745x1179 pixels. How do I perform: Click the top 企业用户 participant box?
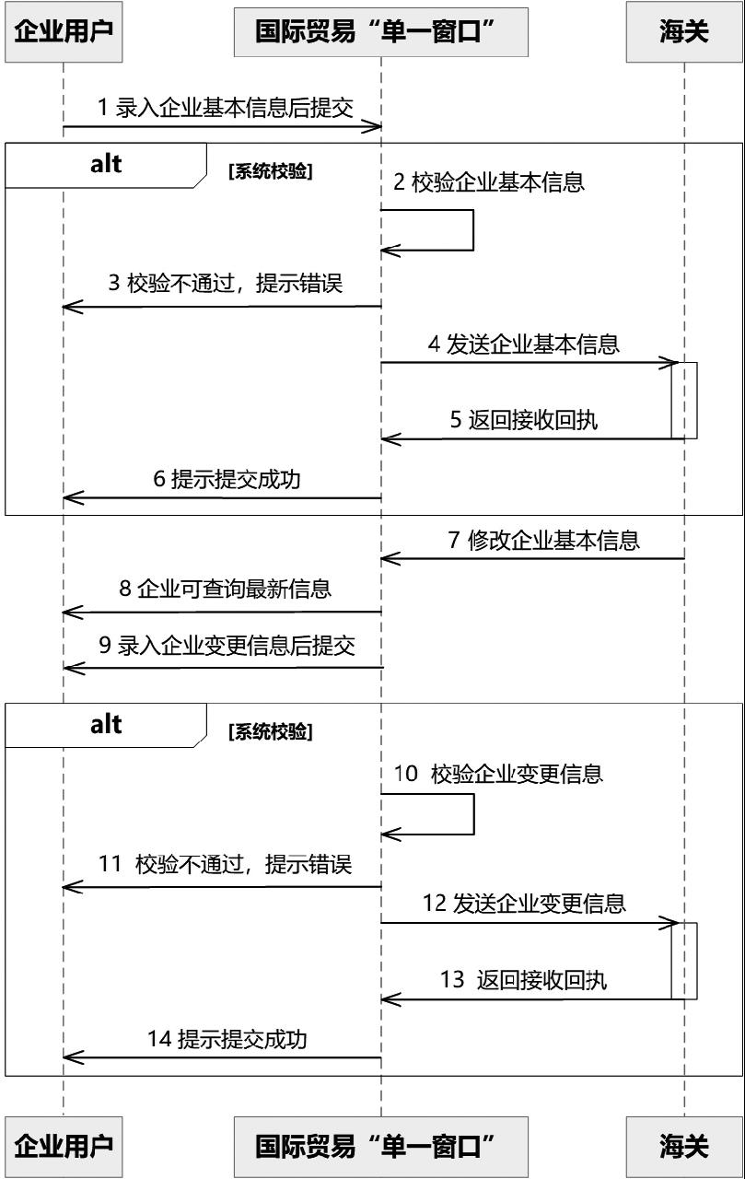(x=64, y=31)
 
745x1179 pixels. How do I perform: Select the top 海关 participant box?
(x=684, y=31)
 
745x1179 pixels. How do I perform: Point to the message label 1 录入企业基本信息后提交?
(x=226, y=108)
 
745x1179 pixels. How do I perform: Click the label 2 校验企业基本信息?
(x=489, y=182)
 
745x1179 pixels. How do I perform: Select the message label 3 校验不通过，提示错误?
(x=226, y=283)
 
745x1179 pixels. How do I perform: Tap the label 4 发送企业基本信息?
(x=524, y=344)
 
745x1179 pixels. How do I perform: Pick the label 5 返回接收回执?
(x=524, y=420)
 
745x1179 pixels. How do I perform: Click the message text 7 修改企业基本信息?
(x=544, y=541)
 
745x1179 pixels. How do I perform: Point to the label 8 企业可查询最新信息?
(x=226, y=589)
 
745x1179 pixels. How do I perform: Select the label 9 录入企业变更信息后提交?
(x=227, y=646)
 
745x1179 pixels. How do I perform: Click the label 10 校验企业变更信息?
(x=498, y=774)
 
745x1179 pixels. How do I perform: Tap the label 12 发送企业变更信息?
(x=524, y=904)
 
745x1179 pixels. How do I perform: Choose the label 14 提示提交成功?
(x=227, y=1039)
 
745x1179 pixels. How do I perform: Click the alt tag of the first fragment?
(x=106, y=165)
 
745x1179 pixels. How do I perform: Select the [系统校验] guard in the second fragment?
(x=271, y=731)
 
